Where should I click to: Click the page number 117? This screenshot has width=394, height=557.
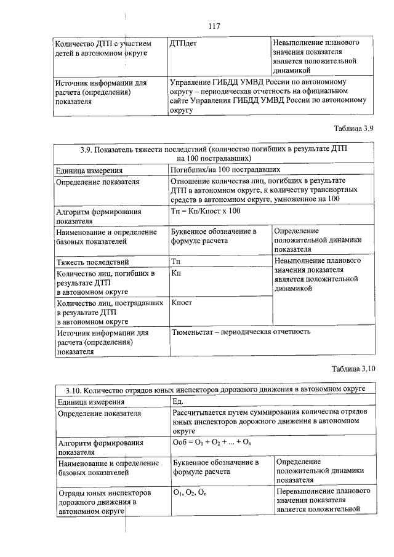click(214, 26)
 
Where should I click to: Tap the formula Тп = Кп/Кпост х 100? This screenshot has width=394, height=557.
click(205, 211)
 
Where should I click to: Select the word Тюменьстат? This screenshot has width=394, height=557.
click(194, 332)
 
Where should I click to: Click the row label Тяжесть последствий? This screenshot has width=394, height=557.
click(92, 263)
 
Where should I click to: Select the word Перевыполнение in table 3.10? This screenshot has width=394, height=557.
click(305, 493)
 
